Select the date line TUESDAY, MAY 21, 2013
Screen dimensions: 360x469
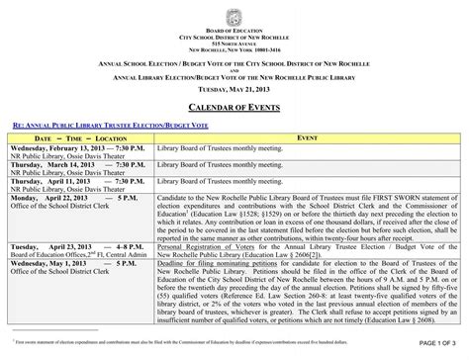234,87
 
